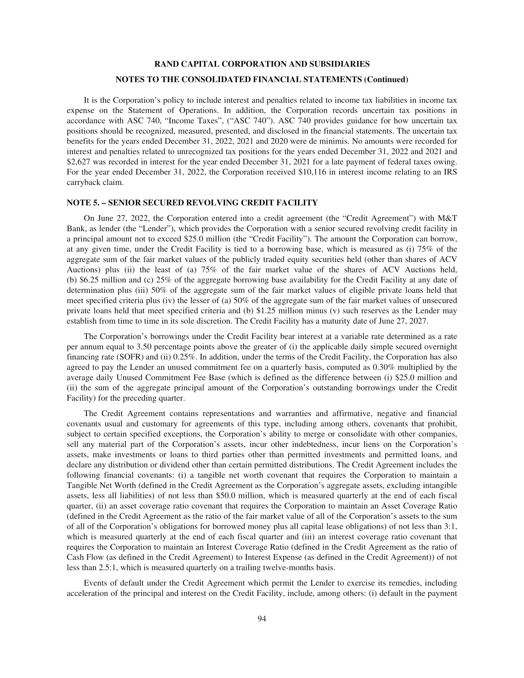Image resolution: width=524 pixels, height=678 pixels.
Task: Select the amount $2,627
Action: click(78, 162)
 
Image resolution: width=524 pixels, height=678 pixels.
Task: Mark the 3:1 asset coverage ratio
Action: click(451, 526)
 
